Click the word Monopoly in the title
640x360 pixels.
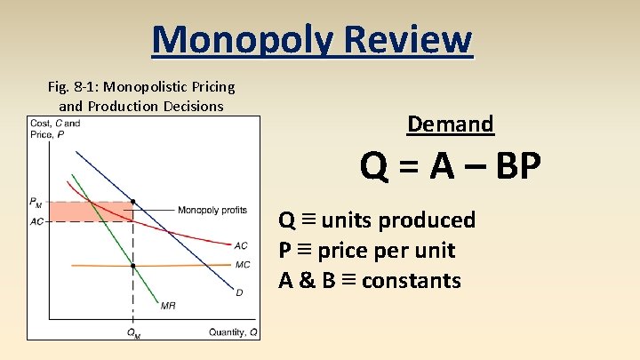pos(232,40)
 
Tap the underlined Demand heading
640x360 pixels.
pos(450,124)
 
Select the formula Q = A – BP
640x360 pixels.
pos(450,166)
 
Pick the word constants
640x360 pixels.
pos(412,281)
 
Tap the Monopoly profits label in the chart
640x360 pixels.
pos(212,210)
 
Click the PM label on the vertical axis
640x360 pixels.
pos(36,204)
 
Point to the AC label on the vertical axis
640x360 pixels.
pos(36,221)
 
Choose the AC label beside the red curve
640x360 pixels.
pos(241,245)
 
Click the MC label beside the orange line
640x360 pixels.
pos(243,264)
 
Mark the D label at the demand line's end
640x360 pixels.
pos(239,292)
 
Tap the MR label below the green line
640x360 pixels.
pos(168,306)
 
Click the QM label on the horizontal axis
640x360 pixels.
pos(133,333)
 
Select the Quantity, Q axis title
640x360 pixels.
pos(234,332)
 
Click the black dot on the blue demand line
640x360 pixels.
pos(133,202)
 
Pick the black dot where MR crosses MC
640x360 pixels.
pos(133,266)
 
